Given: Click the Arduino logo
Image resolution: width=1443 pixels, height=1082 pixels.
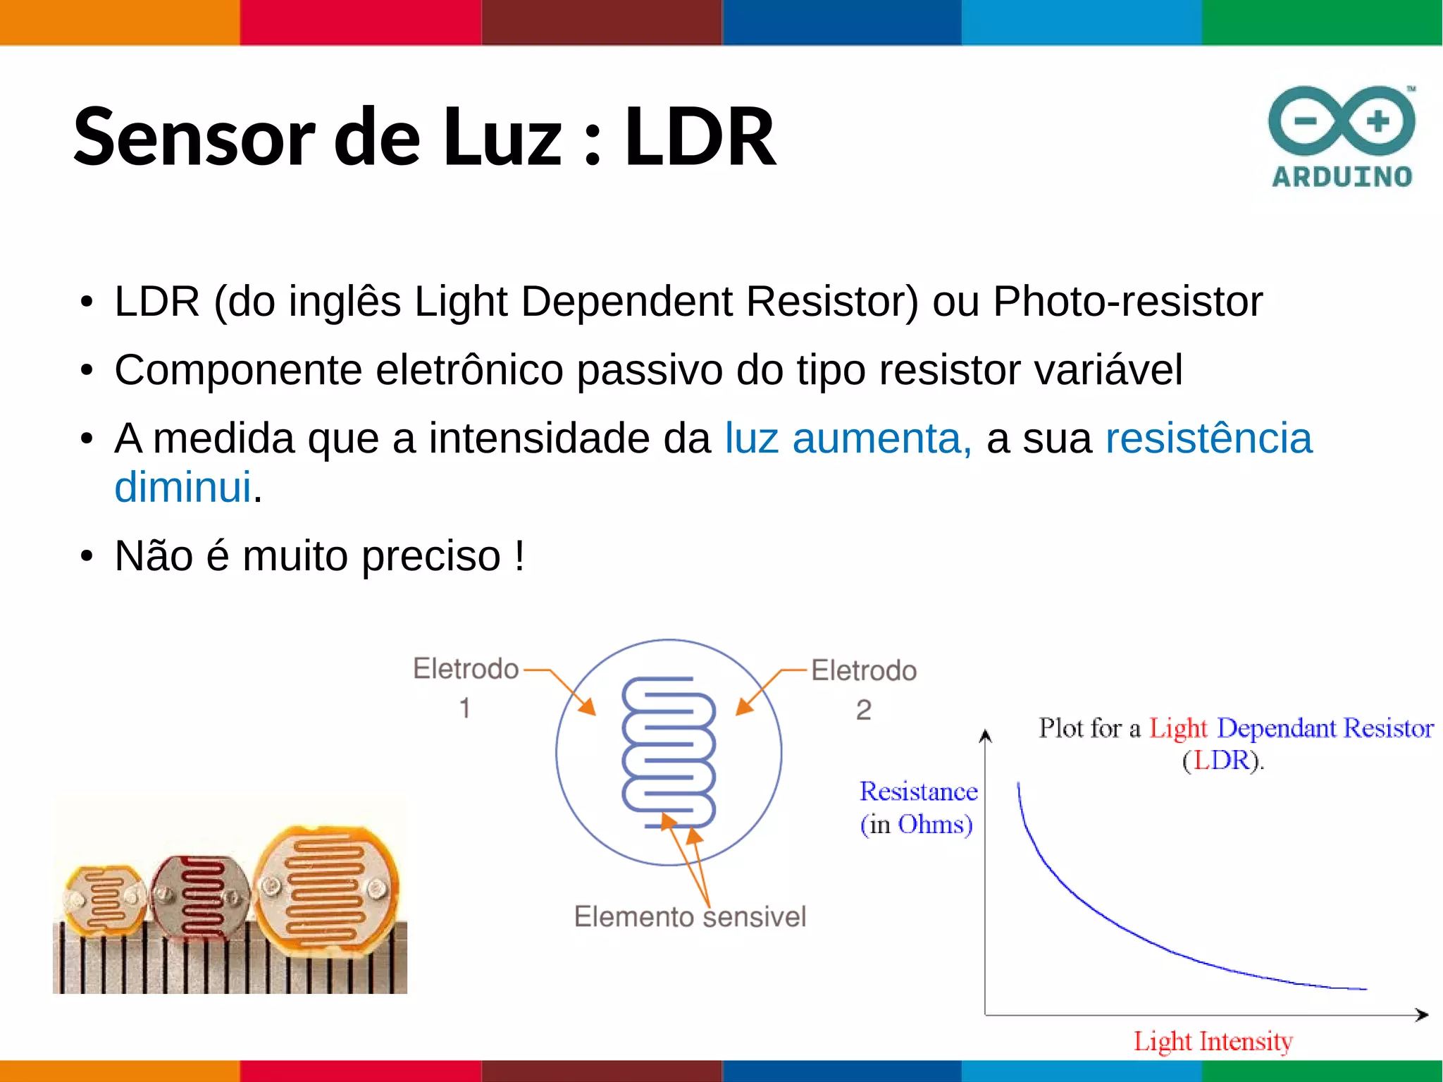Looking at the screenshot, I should pyautogui.click(x=1342, y=137).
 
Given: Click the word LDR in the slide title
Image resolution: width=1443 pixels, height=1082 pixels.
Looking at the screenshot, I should pyautogui.click(x=700, y=137).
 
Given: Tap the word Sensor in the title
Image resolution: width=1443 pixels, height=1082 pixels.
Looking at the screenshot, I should pyautogui.click(x=194, y=137).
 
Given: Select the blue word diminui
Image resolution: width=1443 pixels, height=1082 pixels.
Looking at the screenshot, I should pyautogui.click(x=182, y=487).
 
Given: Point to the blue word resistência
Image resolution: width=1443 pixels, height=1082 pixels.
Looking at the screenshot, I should pyautogui.click(x=1208, y=438).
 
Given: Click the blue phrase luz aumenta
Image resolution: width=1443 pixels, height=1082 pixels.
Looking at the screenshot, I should pyautogui.click(x=848, y=438).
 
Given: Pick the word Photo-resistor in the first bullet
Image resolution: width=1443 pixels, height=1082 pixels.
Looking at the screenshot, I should pyautogui.click(x=1127, y=302).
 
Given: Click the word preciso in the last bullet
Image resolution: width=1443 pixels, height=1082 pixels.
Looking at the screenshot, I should pyautogui.click(x=431, y=556).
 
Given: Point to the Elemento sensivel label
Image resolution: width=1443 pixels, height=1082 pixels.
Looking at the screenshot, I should pyautogui.click(x=690, y=917).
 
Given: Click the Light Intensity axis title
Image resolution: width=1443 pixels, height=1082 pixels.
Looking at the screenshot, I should pyautogui.click(x=1213, y=1041).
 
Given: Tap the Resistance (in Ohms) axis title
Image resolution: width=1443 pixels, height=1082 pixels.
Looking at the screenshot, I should pyautogui.click(x=917, y=808).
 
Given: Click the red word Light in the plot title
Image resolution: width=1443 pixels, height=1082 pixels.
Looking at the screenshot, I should pyautogui.click(x=1177, y=728).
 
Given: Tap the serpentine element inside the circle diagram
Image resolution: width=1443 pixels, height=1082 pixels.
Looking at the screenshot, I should pyautogui.click(x=668, y=751).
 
